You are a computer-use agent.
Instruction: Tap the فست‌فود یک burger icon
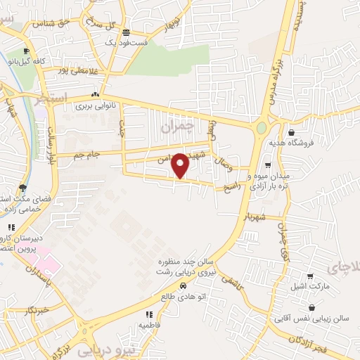[x=126, y=33]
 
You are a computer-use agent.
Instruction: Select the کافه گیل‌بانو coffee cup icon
[x=27, y=51]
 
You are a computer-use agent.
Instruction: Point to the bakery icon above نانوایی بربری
[x=95, y=95]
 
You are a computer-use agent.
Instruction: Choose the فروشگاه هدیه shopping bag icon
[x=291, y=132]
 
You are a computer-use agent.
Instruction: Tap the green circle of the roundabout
[x=262, y=128]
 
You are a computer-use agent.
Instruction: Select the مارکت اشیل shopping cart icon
[x=310, y=276]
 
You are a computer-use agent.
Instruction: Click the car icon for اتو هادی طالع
[x=183, y=286]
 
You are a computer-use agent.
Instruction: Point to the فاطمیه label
[x=149, y=325]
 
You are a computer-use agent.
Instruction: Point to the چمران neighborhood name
[x=175, y=128]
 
